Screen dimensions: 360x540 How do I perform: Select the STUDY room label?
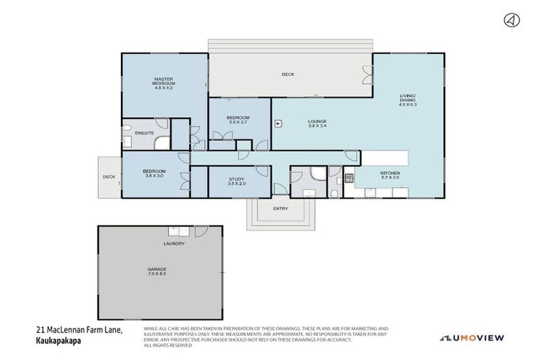[x=237, y=179]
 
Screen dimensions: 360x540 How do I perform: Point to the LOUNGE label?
[x=317, y=121]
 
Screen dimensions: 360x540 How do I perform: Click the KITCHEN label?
[x=390, y=173]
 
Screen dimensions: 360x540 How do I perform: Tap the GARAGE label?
[x=157, y=269]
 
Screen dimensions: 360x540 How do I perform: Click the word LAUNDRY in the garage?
[x=174, y=243]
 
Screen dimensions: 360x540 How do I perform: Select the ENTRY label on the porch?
[x=281, y=208]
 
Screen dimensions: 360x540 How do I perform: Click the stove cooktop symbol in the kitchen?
[x=348, y=177]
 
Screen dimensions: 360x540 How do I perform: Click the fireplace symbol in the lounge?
[x=278, y=122]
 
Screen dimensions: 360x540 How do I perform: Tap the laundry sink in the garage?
[x=174, y=231]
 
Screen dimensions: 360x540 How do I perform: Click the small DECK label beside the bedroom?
[x=109, y=177]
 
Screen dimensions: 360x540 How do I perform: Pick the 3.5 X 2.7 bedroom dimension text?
[x=238, y=122]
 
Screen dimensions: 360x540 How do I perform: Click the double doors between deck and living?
[x=366, y=75]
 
